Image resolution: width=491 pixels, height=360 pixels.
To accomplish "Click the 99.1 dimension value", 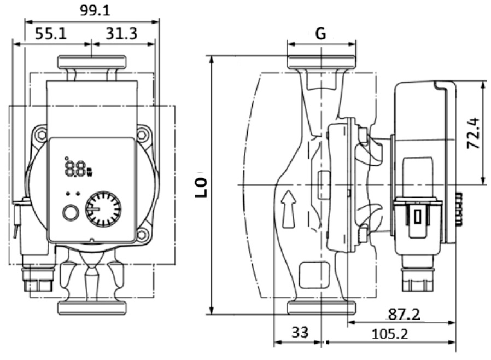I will tap(91, 10).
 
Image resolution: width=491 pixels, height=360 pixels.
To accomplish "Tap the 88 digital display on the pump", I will tap(74, 167).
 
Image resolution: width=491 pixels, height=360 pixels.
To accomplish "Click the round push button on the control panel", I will tap(70, 212).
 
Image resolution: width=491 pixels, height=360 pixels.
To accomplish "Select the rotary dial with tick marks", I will tap(102, 208).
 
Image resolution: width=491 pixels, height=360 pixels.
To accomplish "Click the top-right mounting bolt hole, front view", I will tap(144, 133).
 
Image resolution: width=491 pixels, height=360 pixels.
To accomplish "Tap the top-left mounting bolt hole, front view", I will tap(40, 133).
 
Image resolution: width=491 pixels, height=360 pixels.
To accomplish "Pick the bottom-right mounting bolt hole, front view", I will tap(143, 236).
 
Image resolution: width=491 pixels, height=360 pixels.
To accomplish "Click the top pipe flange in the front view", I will tap(91, 62).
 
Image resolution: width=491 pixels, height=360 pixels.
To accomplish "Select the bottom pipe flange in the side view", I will tap(322, 308).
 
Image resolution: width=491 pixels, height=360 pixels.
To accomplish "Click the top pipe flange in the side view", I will tap(322, 61).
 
